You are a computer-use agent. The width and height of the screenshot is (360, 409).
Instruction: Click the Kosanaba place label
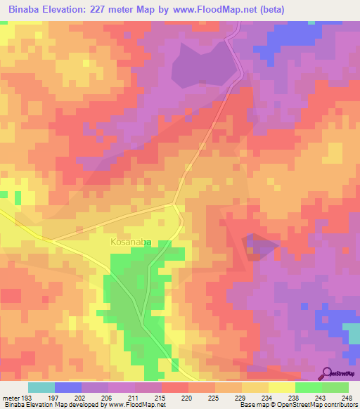(131, 242)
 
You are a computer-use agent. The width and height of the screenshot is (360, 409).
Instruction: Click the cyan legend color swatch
(41, 387)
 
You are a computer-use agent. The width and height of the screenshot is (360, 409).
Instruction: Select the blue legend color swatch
(68, 387)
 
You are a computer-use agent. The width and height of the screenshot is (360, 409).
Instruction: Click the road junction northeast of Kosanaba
(175, 204)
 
